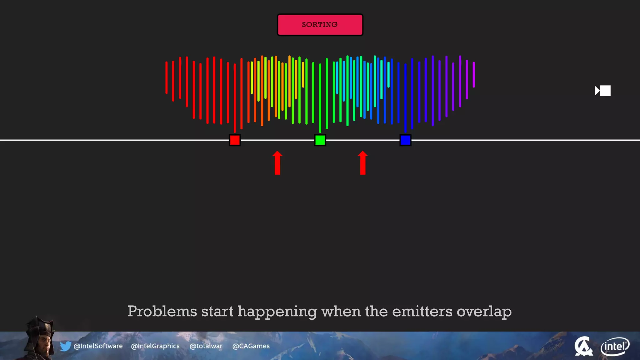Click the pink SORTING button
tap(320, 25)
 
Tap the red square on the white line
tap(235, 140)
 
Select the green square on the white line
tap(320, 140)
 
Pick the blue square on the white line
tap(405, 140)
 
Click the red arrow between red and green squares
tap(277, 163)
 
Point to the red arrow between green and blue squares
tap(362, 163)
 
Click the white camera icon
tap(602, 91)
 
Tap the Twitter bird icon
tap(66, 346)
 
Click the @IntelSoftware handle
tap(98, 346)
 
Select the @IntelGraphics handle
tap(155, 346)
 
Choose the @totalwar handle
tap(206, 346)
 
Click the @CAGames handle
tap(251, 346)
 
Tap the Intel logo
tap(615, 346)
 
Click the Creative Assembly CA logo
tap(583, 346)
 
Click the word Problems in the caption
tap(162, 312)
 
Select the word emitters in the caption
tap(422, 312)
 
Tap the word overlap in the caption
tap(484, 312)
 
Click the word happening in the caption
tap(277, 312)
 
